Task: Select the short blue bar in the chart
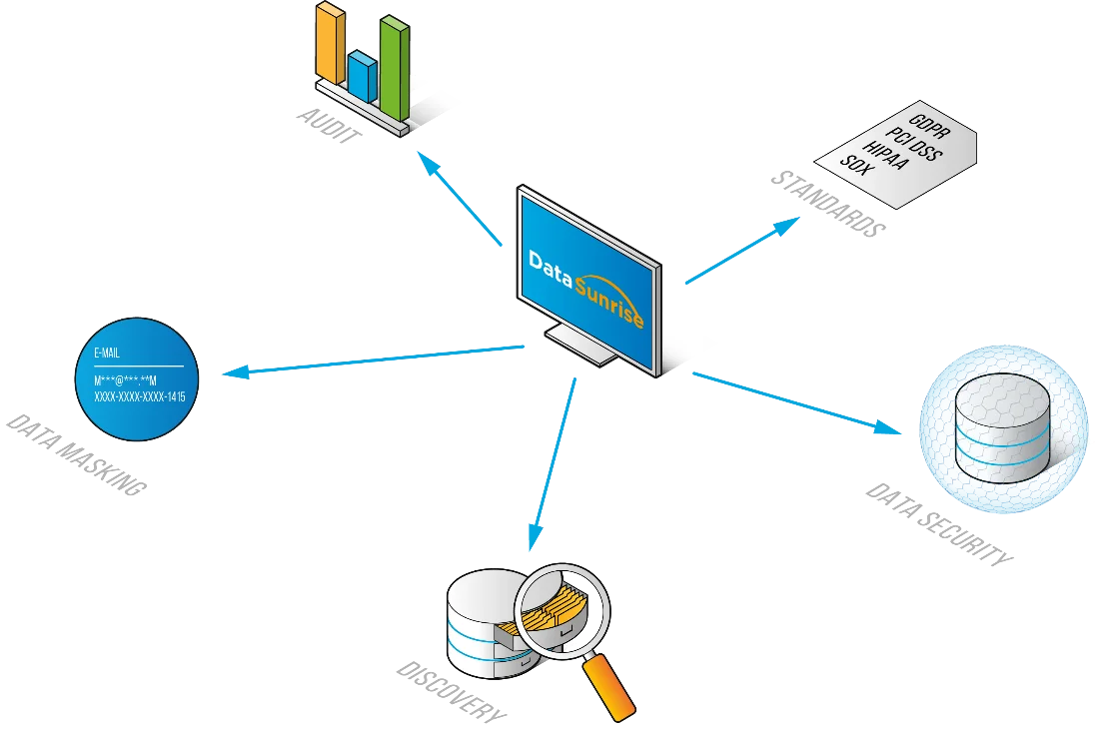tap(362, 71)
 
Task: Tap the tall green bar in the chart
tap(394, 65)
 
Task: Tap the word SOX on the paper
tap(857, 162)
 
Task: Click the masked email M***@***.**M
tap(126, 380)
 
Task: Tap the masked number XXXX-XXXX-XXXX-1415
tap(139, 396)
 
